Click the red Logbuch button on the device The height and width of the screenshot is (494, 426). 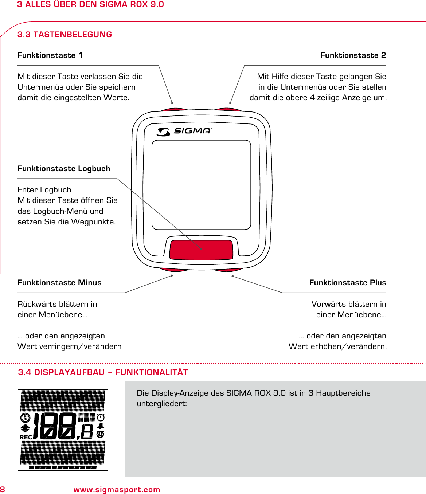[201, 250]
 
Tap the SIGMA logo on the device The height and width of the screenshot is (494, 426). [185, 131]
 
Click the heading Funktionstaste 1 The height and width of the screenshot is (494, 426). [50, 55]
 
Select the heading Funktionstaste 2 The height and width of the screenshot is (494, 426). [353, 55]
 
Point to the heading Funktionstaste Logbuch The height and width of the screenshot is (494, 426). [64, 169]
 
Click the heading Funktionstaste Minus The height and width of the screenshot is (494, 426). [59, 283]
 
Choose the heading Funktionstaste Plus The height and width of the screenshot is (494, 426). [347, 283]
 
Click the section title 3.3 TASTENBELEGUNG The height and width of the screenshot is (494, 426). [65, 35]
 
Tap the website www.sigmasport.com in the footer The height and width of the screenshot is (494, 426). [117, 490]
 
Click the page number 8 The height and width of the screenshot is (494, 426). [3, 490]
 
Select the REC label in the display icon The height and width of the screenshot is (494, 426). [26, 437]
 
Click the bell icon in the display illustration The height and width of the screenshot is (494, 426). [101, 426]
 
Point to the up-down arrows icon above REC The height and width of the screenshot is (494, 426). [26, 428]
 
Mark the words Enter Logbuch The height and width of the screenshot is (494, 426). [44, 190]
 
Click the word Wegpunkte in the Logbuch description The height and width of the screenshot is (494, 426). [93, 222]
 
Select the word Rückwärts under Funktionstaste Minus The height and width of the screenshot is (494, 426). [37, 304]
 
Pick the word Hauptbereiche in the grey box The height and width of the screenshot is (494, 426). [343, 393]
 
